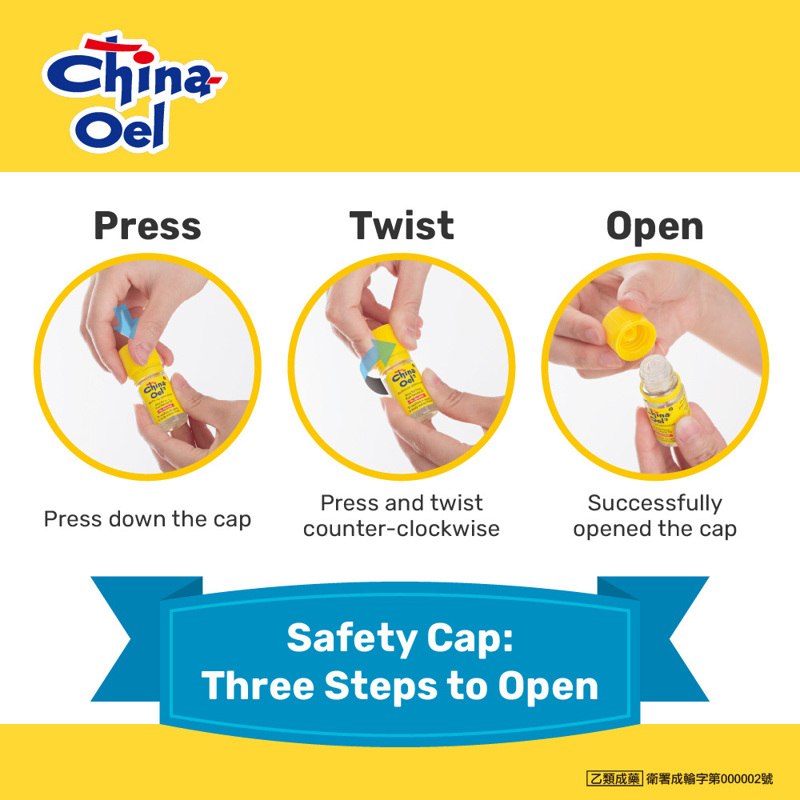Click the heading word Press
(x=147, y=226)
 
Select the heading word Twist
(x=402, y=226)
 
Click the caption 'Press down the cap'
(x=147, y=519)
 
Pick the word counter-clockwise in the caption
(x=401, y=529)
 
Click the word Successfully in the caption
(x=654, y=503)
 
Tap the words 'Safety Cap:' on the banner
(x=400, y=638)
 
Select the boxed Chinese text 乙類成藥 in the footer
(x=614, y=778)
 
